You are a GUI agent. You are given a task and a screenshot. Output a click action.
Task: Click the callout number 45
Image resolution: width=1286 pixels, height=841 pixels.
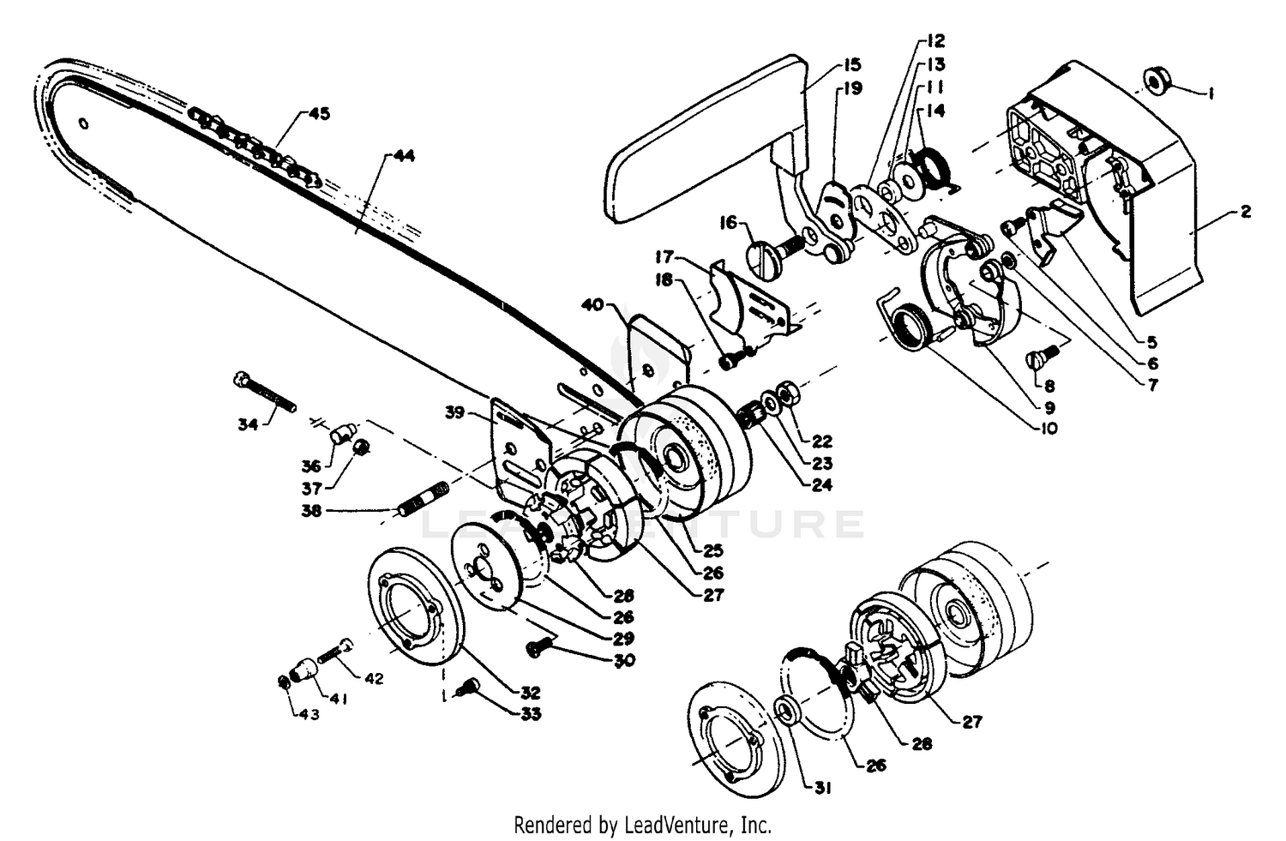(319, 114)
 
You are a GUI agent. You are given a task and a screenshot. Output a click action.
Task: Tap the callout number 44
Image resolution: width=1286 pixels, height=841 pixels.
(404, 155)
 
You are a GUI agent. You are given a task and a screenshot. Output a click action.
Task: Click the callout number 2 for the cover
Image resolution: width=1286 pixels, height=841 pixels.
(1245, 212)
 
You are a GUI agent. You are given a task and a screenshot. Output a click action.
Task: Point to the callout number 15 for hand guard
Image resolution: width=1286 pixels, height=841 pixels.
(852, 64)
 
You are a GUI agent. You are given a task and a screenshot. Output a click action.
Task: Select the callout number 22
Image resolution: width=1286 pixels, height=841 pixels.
(821, 441)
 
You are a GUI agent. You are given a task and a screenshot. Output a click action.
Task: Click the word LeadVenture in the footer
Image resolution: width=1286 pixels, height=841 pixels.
(677, 826)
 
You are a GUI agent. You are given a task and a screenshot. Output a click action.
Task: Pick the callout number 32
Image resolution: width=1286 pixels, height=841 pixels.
(530, 693)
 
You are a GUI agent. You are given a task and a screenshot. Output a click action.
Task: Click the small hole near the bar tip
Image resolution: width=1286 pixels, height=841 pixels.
(84, 124)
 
